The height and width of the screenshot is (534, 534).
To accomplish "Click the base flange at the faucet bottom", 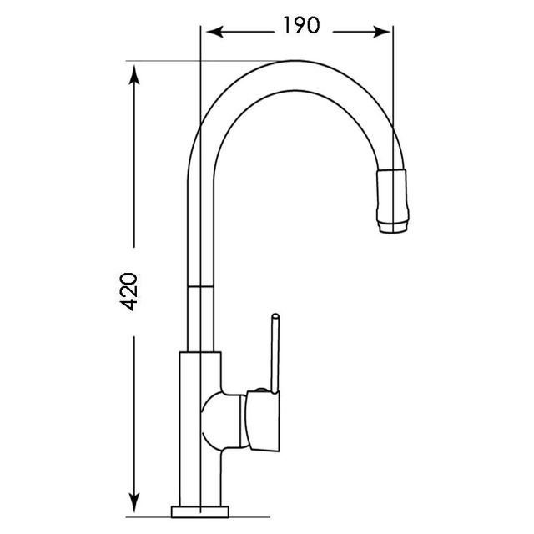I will (x=201, y=511).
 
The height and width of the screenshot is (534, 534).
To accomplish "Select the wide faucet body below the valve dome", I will (x=200, y=476).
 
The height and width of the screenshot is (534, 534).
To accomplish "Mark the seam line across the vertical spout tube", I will (x=200, y=285).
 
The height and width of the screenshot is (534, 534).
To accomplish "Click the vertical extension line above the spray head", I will (x=392, y=100).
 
